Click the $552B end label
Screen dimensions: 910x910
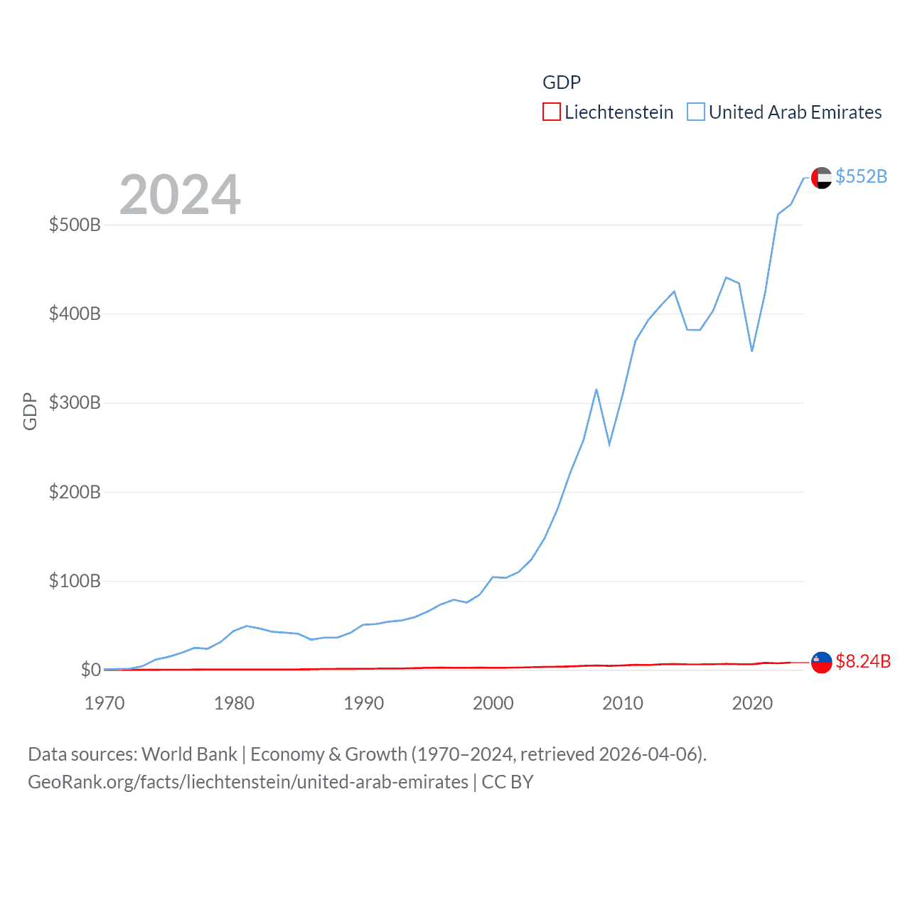tap(861, 176)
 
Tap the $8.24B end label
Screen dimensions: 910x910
tap(863, 661)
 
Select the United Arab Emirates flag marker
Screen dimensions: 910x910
tap(821, 178)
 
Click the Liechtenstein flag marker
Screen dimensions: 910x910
tap(821, 662)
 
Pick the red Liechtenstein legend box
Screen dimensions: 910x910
tap(551, 112)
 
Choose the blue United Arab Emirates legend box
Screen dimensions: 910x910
tap(695, 112)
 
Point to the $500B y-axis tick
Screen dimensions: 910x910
tap(75, 225)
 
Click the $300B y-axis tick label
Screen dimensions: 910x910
tap(75, 402)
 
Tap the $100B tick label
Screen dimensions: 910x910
tap(75, 581)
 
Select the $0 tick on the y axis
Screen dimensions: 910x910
tap(90, 670)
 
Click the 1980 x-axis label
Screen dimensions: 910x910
tap(234, 703)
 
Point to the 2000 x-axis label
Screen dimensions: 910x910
tap(493, 703)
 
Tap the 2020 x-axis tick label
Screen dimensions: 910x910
tap(752, 703)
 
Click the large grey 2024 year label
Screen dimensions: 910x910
tap(180, 195)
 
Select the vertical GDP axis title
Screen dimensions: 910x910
tap(30, 411)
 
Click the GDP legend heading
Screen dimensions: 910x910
tap(562, 82)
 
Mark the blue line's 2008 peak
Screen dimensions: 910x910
tap(596, 390)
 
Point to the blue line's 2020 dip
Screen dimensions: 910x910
tap(751, 350)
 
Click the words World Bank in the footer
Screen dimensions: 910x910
tap(189, 754)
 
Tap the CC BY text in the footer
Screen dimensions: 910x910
tap(508, 782)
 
